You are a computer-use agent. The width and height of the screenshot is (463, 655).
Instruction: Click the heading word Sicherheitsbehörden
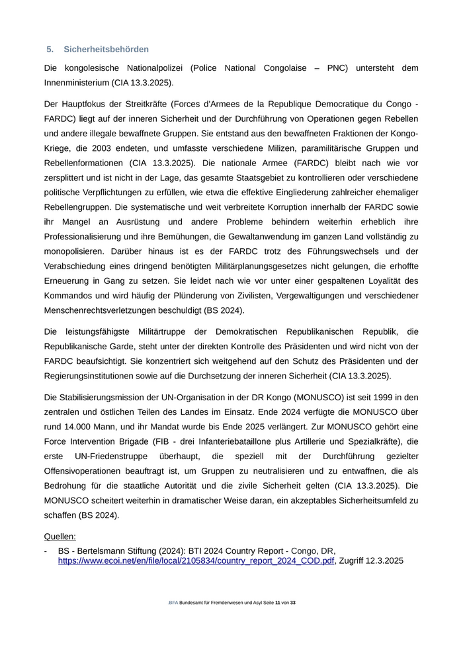(x=106, y=50)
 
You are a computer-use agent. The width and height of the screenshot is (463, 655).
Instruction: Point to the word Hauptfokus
(x=85, y=105)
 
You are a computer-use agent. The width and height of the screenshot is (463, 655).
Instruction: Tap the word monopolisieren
(x=76, y=251)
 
